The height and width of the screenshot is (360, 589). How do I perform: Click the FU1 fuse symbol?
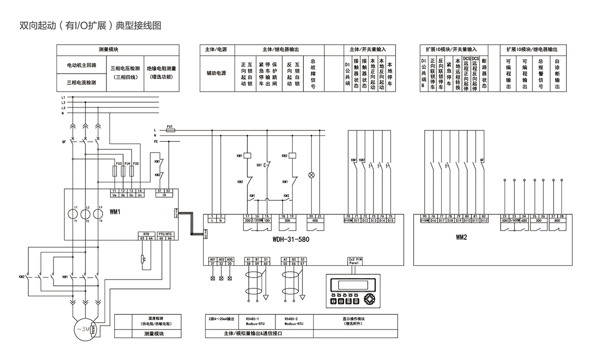(x=170, y=130)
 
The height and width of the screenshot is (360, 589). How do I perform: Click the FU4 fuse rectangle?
(x=124, y=171)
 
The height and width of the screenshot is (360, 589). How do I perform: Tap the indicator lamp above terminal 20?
(x=310, y=175)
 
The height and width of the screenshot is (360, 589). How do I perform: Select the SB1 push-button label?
(x=259, y=165)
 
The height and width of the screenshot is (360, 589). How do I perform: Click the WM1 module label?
(x=115, y=212)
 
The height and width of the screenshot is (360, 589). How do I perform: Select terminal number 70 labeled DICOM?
(x=348, y=216)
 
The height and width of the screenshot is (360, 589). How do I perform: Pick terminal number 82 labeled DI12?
(x=484, y=216)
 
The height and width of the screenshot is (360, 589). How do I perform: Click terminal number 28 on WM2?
(x=562, y=216)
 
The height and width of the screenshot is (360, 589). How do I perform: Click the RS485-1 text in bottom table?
(x=253, y=318)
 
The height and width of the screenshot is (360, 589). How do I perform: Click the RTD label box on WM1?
(x=146, y=234)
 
